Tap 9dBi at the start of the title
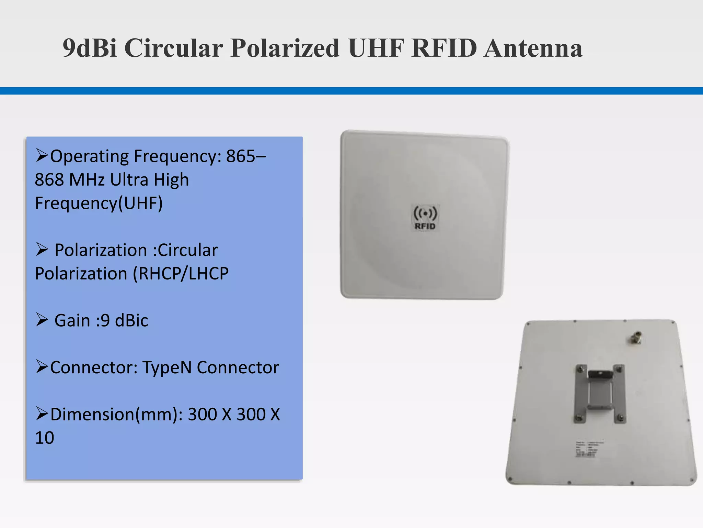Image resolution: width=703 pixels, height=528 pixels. click(90, 48)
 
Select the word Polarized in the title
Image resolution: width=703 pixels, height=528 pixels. click(285, 48)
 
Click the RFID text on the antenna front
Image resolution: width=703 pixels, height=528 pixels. click(425, 226)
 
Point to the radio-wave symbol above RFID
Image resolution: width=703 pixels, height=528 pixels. click(425, 213)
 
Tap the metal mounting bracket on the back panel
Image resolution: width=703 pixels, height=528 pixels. click(600, 394)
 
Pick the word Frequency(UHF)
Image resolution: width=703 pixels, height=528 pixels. click(99, 203)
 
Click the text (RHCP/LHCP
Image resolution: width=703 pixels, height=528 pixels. click(181, 274)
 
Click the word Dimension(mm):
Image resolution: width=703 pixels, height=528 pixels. click(117, 414)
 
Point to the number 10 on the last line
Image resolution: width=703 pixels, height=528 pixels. click(45, 438)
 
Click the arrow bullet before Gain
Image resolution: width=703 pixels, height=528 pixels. click(42, 320)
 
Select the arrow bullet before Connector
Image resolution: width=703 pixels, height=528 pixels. click(42, 367)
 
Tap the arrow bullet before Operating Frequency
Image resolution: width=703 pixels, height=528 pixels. click(42, 156)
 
